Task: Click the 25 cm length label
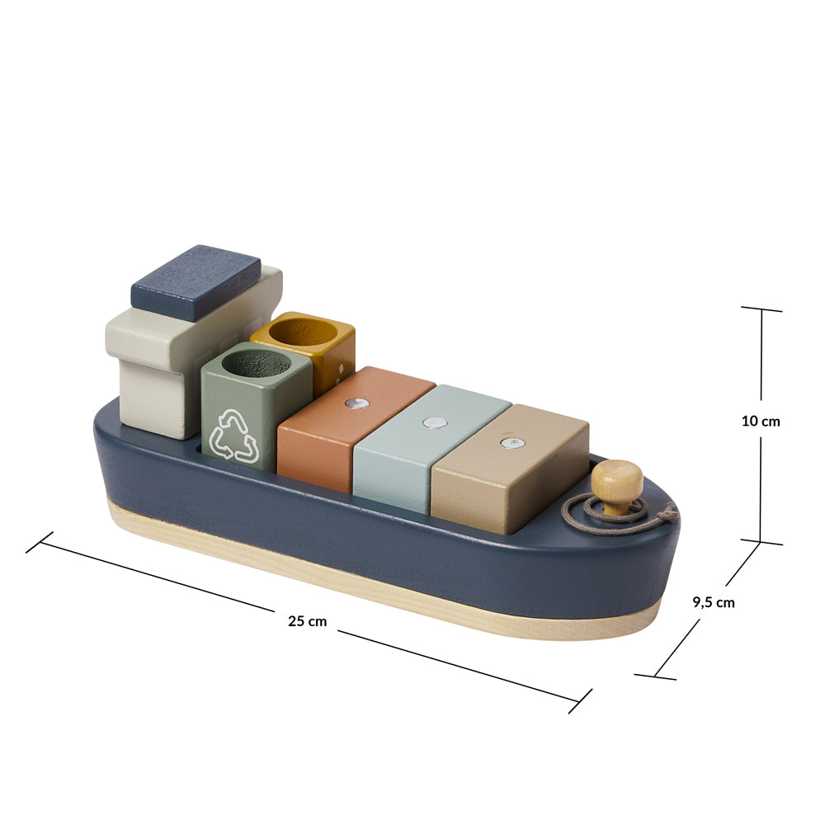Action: point(307,621)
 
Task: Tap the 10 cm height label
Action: point(761,421)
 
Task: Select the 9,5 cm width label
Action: point(714,602)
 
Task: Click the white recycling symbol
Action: point(233,436)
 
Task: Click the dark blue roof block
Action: point(196,282)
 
